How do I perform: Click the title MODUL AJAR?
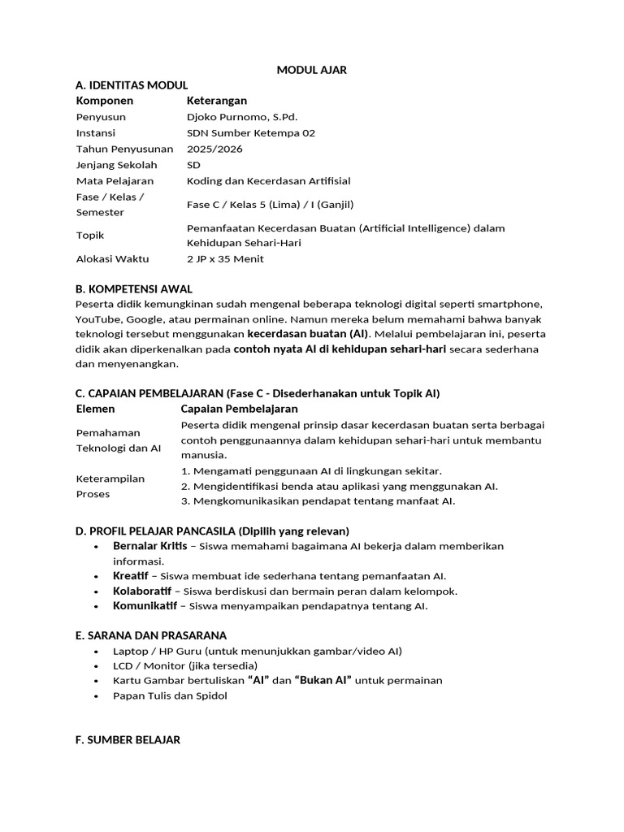click(x=311, y=70)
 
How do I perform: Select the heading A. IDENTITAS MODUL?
click(x=131, y=85)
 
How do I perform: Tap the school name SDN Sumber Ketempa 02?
click(x=250, y=133)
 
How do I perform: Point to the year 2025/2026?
click(x=214, y=149)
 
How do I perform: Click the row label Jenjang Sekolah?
click(x=116, y=165)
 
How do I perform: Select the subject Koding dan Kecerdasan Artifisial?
click(x=268, y=180)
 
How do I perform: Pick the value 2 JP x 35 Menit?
click(x=225, y=259)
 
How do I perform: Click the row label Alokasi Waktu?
click(x=112, y=259)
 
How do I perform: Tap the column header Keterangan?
click(x=216, y=101)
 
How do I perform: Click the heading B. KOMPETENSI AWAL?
click(x=133, y=289)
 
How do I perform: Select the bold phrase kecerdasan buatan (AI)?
click(x=307, y=334)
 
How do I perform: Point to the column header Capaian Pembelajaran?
click(x=239, y=409)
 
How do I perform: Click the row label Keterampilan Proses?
click(x=110, y=486)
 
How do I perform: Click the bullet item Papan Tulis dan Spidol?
click(x=170, y=695)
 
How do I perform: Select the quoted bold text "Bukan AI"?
click(x=323, y=680)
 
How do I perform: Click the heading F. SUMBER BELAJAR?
click(x=128, y=740)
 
